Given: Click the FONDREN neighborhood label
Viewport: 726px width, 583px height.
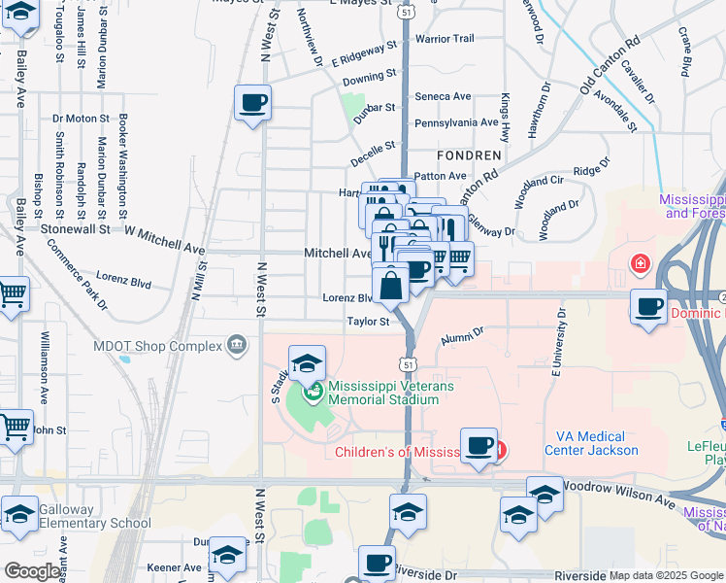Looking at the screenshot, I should click(469, 155).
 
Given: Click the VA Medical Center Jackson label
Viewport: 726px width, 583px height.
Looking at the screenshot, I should click(597, 443).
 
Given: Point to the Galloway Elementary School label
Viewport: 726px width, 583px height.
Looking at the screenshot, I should click(96, 516).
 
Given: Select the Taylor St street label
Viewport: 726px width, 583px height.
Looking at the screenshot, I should click(369, 322).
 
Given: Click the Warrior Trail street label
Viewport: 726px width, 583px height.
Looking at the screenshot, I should click(444, 39).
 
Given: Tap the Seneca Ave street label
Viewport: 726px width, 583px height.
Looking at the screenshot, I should click(443, 96).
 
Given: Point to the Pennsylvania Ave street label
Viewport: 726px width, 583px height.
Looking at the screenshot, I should click(456, 123).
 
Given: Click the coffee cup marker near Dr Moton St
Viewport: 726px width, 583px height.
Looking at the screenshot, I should click(252, 103).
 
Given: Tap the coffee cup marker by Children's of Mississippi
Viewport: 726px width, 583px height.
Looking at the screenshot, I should click(478, 447).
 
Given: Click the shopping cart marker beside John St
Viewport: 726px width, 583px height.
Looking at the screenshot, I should click(14, 428).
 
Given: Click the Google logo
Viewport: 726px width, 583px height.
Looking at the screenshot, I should click(32, 571).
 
